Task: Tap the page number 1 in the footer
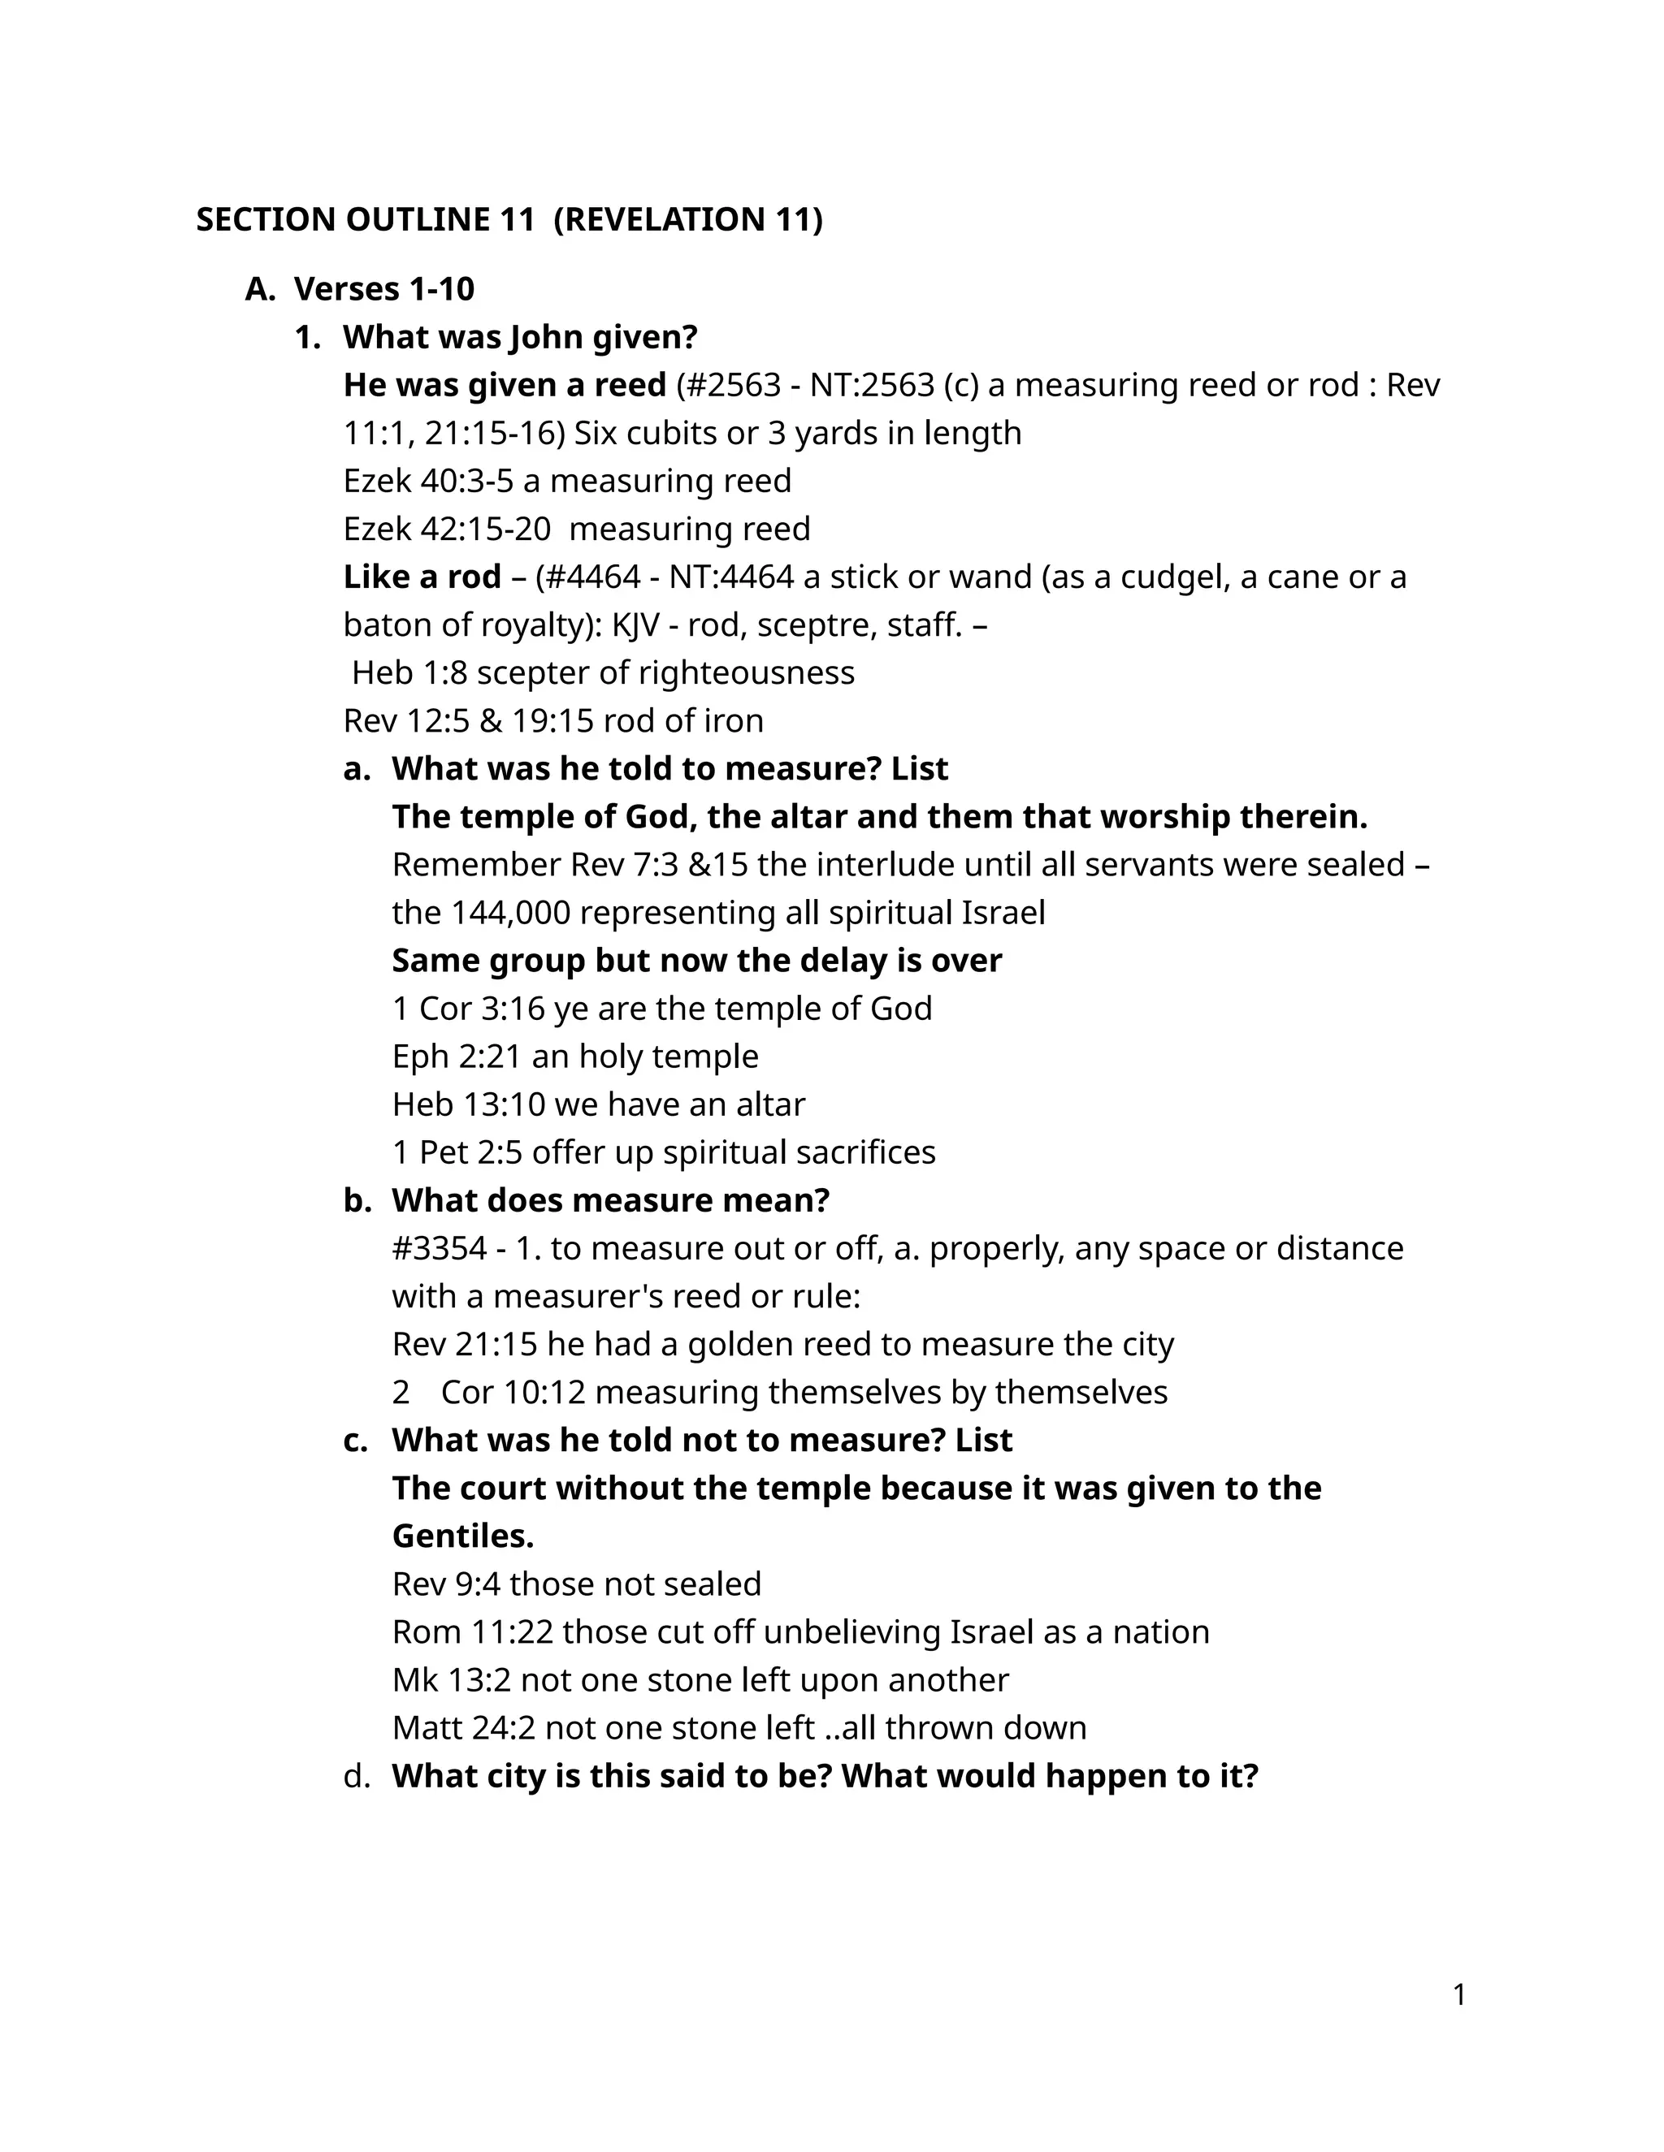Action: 1459,1995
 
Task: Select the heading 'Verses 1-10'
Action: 383,289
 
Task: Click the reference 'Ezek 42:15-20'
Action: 447,529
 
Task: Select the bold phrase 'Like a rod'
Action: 422,577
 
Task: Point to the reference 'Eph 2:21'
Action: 457,1057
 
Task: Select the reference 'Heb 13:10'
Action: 468,1104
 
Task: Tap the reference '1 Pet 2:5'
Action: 457,1153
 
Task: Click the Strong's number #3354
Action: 439,1248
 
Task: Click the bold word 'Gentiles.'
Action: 462,1536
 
